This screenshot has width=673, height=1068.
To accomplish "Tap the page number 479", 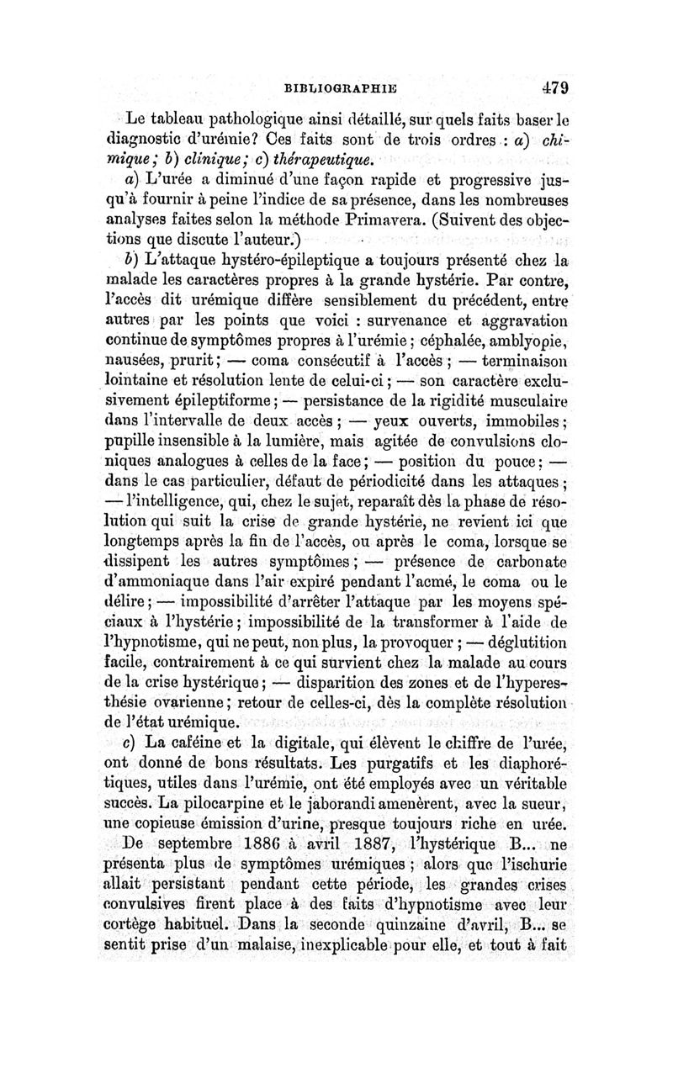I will [556, 86].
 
